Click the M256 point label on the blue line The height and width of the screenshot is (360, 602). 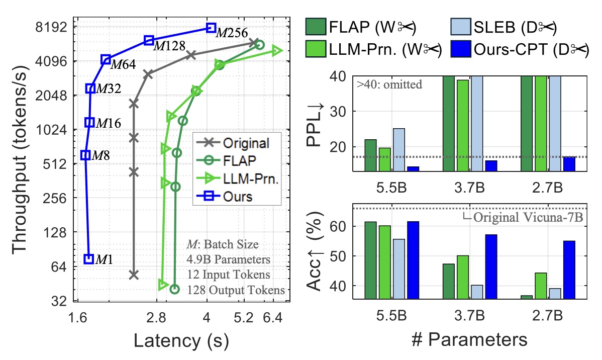pos(232,33)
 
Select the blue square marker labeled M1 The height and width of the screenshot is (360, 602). pos(89,258)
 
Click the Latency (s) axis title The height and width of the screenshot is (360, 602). pos(181,341)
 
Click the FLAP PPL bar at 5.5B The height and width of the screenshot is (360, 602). pos(370,155)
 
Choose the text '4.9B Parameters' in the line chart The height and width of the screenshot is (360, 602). pos(228,260)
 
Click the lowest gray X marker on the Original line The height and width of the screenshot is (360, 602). pos(134,275)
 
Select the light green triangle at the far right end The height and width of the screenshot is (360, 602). pos(276,50)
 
